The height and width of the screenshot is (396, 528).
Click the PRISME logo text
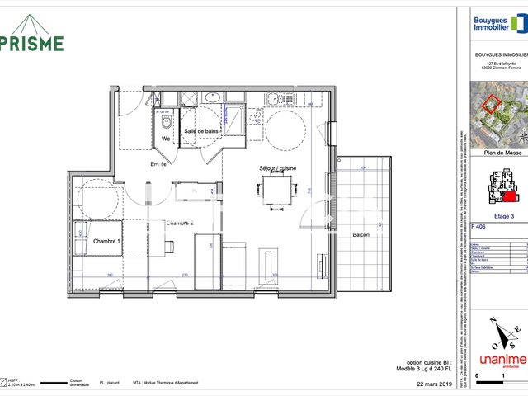(33, 42)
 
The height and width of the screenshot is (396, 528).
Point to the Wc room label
(165, 139)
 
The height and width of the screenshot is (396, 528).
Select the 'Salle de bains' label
(201, 131)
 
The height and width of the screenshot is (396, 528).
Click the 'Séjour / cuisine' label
(277, 168)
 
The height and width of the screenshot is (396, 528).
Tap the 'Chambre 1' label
(106, 241)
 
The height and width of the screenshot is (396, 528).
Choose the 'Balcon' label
(361, 235)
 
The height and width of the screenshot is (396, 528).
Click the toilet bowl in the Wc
(165, 123)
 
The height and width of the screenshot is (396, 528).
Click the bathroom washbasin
(212, 98)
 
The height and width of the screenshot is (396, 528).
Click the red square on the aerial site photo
(491, 104)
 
